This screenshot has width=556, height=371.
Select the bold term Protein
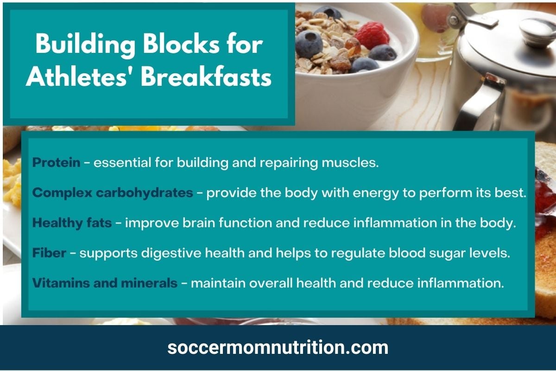(57, 163)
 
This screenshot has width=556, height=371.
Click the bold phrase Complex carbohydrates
(113, 193)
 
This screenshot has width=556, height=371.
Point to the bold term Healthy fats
(72, 223)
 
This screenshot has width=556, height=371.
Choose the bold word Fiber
(49, 253)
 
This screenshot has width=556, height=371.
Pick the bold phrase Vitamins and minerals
(105, 283)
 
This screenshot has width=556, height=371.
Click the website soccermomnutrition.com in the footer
(278, 348)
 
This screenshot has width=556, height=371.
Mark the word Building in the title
(85, 45)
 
